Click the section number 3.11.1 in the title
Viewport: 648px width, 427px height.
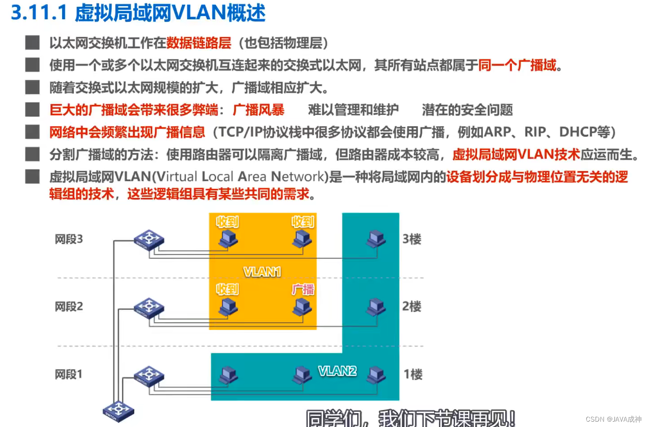coord(39,13)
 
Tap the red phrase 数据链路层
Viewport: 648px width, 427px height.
coord(199,43)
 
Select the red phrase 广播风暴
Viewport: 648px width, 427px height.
coord(258,110)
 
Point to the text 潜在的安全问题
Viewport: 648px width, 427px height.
coord(467,110)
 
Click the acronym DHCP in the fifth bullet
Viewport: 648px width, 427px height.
coord(578,132)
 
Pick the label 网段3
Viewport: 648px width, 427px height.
coord(68,239)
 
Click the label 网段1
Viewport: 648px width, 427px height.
coord(68,374)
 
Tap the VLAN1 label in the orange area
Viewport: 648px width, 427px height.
coord(262,271)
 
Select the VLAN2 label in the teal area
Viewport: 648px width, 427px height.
coord(337,371)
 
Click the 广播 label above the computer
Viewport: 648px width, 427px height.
coord(303,290)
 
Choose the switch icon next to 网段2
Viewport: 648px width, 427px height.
coord(149,308)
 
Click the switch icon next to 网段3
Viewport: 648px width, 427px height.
coord(149,240)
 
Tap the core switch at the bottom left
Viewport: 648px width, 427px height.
coord(118,410)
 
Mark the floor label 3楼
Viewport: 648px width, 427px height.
coord(412,239)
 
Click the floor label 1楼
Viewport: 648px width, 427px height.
coord(413,374)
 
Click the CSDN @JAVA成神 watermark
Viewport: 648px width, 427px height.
coord(613,419)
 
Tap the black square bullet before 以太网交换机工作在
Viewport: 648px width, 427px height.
coord(32,43)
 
